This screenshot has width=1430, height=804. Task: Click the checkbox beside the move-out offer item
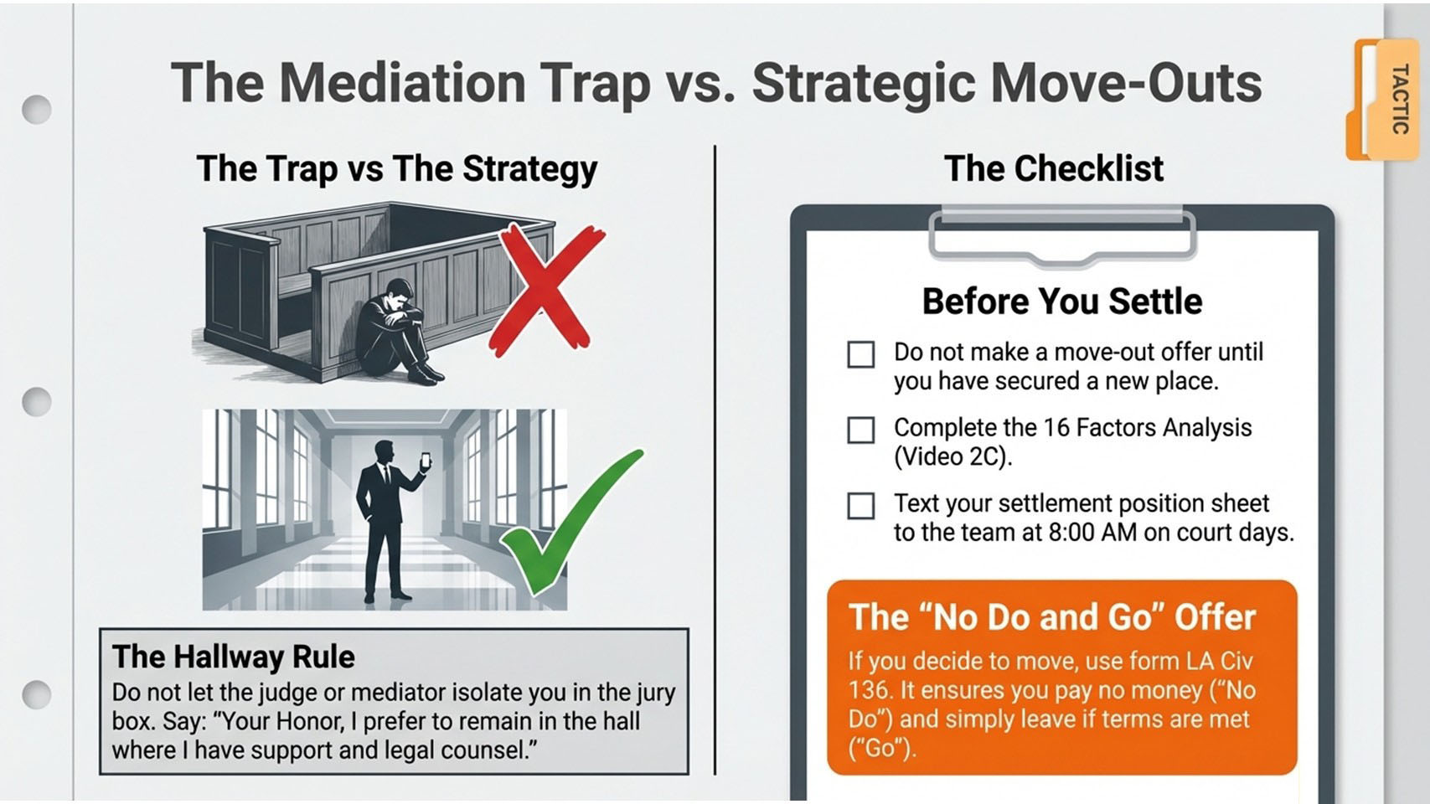click(860, 354)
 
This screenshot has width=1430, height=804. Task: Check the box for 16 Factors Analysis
click(860, 430)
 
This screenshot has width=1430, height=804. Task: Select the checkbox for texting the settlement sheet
click(860, 506)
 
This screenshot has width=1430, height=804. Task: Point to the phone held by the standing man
click(426, 461)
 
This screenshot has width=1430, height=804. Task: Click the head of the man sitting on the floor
click(399, 293)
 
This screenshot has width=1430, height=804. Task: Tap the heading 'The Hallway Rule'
click(233, 657)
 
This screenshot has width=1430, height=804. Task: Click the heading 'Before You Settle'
click(1062, 301)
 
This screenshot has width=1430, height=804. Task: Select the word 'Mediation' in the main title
click(402, 82)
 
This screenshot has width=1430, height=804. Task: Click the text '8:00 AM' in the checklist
click(1093, 532)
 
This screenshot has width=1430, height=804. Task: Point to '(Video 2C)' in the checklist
click(952, 457)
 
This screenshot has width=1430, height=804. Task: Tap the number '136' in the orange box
click(869, 690)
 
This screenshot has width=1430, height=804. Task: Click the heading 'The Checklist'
click(1053, 168)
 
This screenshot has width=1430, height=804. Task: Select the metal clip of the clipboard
click(1062, 235)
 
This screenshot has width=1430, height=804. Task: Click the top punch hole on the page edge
click(36, 110)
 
